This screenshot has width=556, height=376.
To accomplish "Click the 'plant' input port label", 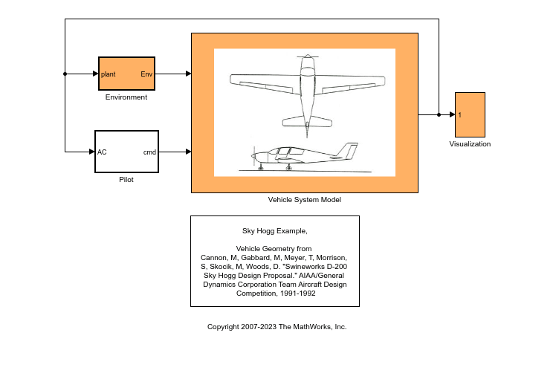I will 109,74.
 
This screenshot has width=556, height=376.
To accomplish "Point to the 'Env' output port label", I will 146,74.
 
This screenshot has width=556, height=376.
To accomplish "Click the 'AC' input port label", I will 103,152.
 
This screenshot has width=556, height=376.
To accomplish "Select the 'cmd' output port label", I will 149,152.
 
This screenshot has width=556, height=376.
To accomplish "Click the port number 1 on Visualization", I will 460,115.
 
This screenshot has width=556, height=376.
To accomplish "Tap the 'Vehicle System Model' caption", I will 304,200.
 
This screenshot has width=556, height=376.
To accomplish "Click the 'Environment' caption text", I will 126,97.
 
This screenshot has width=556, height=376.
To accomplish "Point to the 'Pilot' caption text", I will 126,180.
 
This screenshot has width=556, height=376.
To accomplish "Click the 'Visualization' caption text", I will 470,144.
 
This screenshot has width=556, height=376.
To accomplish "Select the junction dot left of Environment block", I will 65,74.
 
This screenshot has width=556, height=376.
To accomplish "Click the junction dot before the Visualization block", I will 439,114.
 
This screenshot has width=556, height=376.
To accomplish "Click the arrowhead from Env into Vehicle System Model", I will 188,74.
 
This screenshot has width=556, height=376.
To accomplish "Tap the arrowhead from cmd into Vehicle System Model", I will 188,152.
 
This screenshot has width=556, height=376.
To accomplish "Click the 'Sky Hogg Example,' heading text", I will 274,231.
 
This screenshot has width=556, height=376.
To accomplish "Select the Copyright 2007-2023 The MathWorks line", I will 277,327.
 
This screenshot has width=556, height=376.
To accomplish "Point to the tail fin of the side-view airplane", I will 350,149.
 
